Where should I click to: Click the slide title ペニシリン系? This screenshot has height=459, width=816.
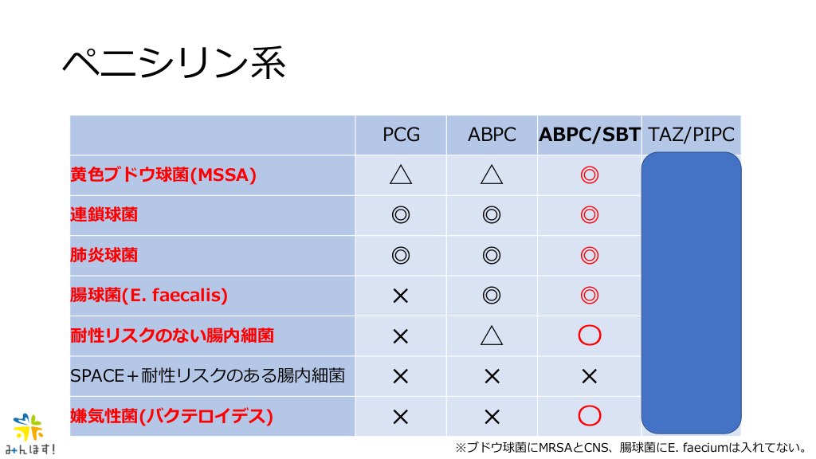coord(175,64)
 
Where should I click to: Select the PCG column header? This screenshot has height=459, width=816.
coord(401,135)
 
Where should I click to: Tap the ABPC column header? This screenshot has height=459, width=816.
coord(492,135)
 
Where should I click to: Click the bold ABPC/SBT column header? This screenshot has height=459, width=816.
coord(589,135)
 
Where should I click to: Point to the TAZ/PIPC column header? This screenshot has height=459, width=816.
coord(691,135)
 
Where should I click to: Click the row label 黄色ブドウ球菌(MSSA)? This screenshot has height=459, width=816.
coord(163,175)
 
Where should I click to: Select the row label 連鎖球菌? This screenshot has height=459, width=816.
coord(104,215)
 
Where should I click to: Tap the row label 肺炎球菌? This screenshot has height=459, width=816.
coord(104,255)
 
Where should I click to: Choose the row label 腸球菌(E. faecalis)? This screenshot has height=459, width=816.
coord(149,295)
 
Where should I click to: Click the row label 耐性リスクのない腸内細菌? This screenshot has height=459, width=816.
coord(172,335)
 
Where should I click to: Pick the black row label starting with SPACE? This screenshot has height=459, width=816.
coord(208,376)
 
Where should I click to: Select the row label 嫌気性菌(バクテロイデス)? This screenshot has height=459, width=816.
coord(172,416)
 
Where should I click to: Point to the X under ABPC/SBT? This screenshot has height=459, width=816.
coord(590,376)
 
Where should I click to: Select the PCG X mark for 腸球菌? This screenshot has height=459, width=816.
coord(401,296)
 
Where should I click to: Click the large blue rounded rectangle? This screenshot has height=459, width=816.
coord(692,293)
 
